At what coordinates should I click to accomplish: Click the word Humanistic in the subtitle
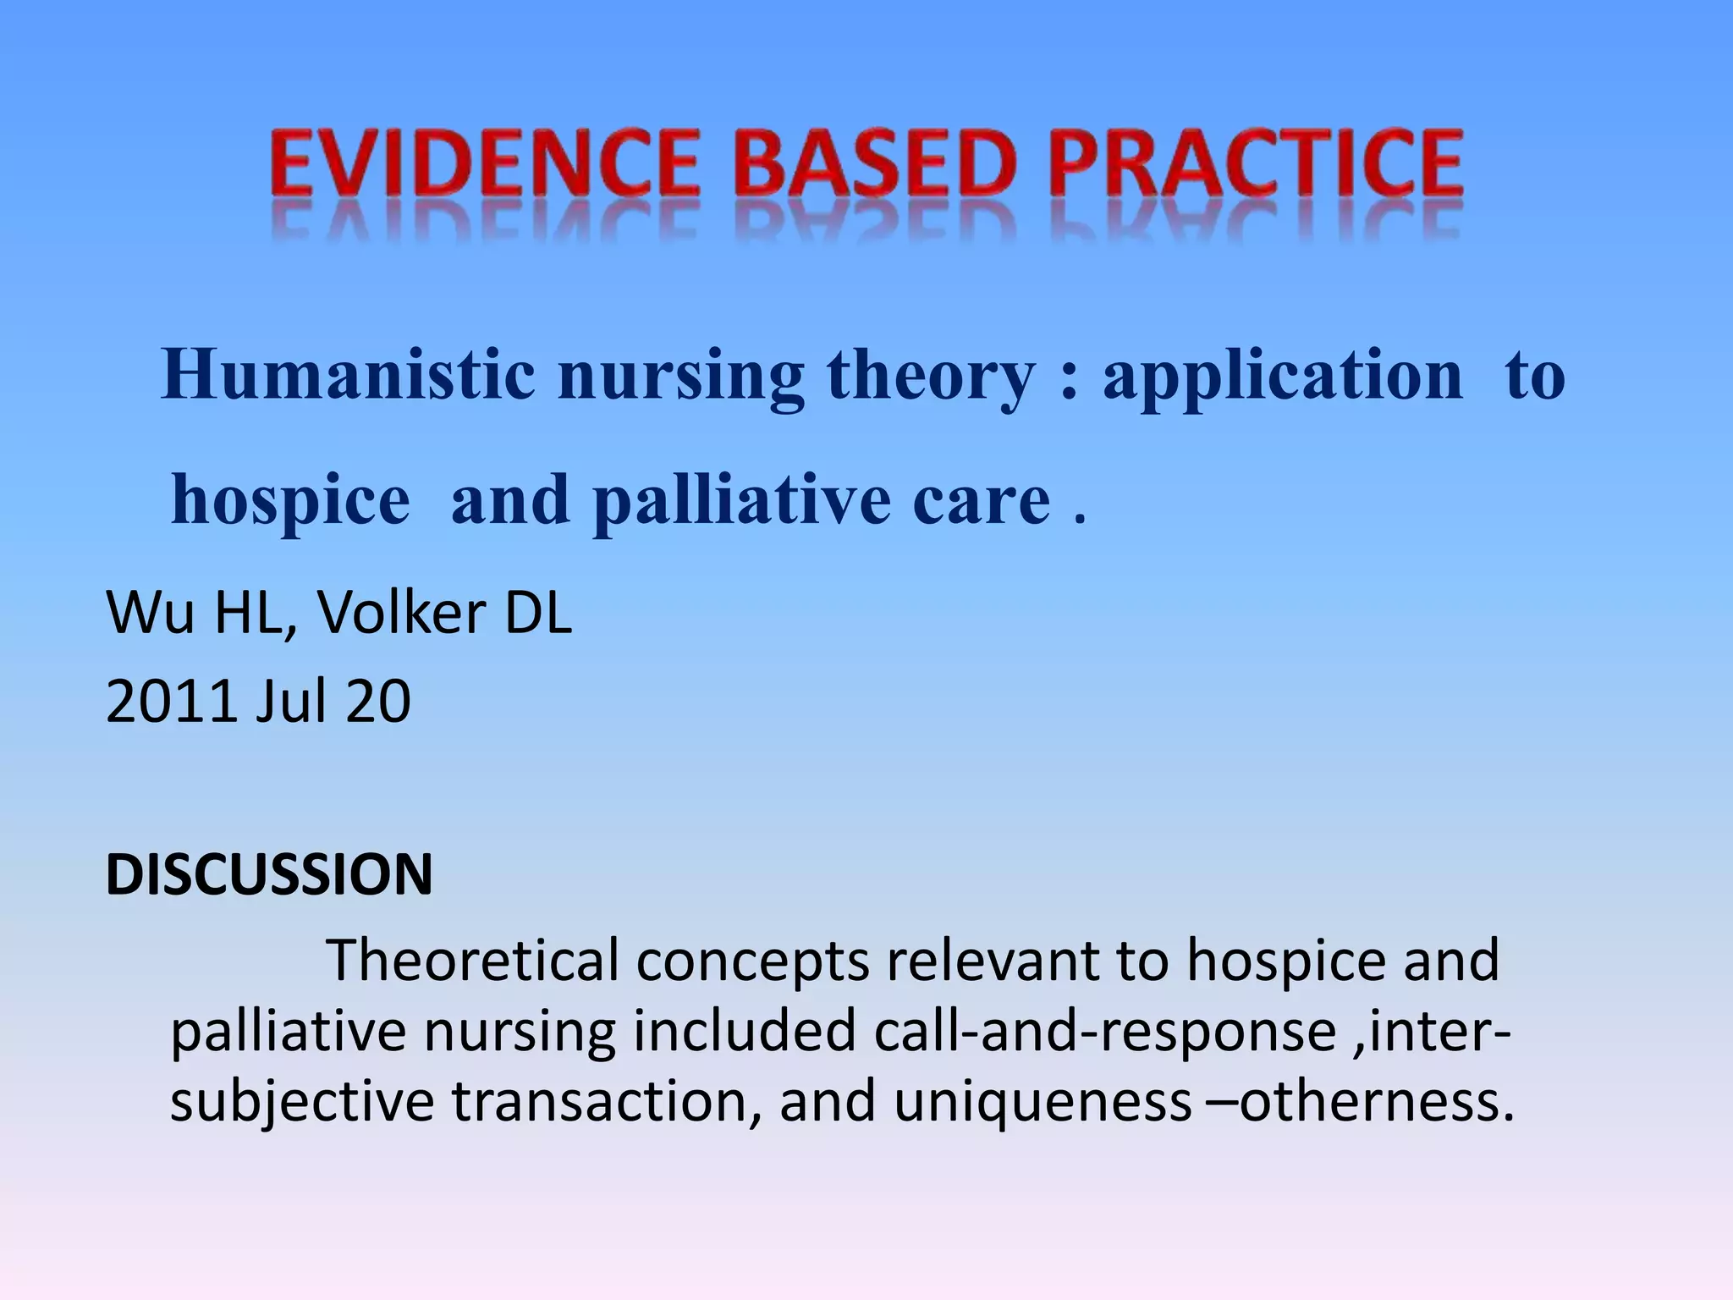(x=347, y=375)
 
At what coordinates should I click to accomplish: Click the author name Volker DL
(x=445, y=613)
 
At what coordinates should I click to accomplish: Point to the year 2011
(x=169, y=702)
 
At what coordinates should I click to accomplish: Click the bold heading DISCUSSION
(x=269, y=874)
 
